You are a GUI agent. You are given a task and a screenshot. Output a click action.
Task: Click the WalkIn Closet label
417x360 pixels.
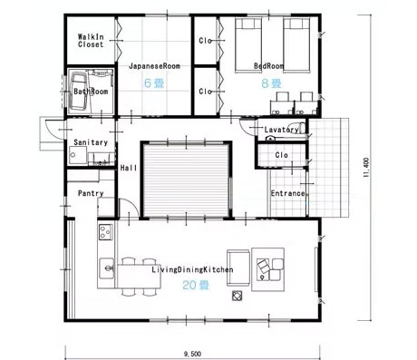(91, 39)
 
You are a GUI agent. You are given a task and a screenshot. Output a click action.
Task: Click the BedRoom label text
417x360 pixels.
(268, 66)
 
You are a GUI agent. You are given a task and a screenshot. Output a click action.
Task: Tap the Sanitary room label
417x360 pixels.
(92, 142)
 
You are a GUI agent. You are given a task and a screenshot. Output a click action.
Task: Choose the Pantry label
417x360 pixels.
(91, 193)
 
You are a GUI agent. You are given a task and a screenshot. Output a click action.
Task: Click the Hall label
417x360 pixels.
(129, 168)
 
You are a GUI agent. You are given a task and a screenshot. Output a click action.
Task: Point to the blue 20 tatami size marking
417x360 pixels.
(191, 285)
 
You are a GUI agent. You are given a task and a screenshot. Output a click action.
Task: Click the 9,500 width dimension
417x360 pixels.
(190, 353)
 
